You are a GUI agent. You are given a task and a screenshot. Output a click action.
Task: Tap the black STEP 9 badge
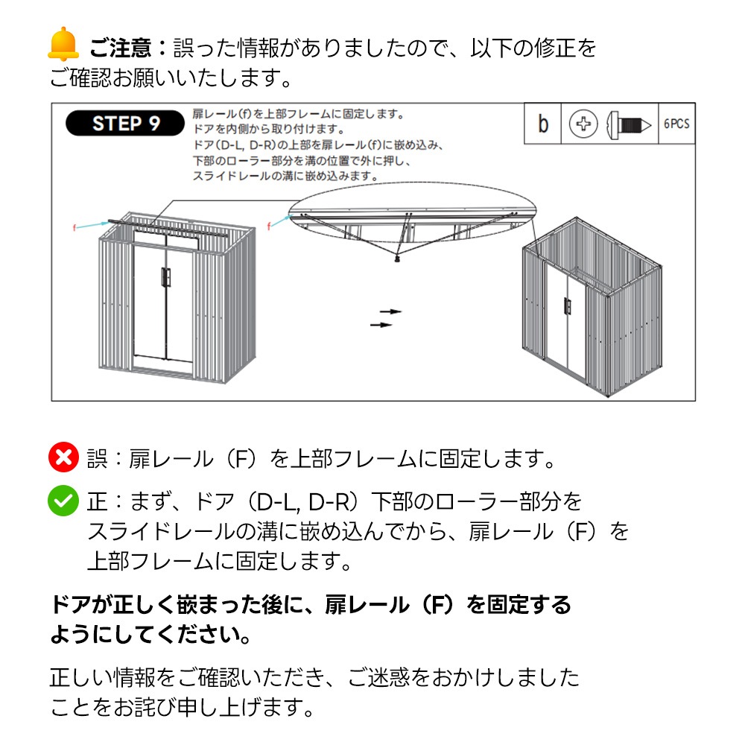125,123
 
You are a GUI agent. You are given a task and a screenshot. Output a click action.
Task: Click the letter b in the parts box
543,124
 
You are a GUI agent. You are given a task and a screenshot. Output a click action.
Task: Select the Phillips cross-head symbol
583,124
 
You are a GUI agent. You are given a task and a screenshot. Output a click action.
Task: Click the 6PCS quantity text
676,124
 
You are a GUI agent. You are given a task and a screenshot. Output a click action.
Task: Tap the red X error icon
63,457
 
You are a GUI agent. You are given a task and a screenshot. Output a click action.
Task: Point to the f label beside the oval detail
270,225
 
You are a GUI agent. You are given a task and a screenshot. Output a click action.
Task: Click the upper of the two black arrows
390,311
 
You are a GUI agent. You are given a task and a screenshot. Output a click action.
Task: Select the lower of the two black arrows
381,325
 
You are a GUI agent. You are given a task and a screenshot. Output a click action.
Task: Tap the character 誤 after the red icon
97,458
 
